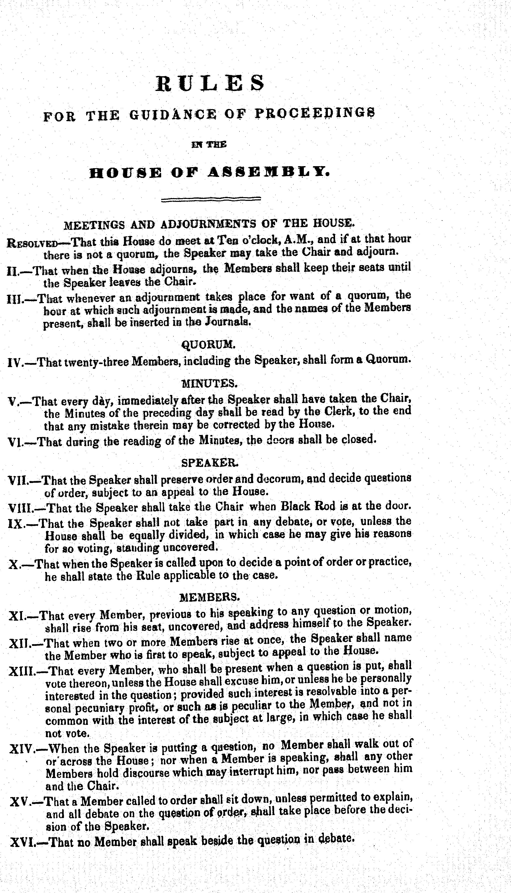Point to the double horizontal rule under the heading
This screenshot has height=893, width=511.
(211, 200)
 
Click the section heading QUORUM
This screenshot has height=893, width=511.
(208, 345)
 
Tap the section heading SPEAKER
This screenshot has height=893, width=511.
(210, 463)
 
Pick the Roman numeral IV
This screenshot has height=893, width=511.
(15, 362)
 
